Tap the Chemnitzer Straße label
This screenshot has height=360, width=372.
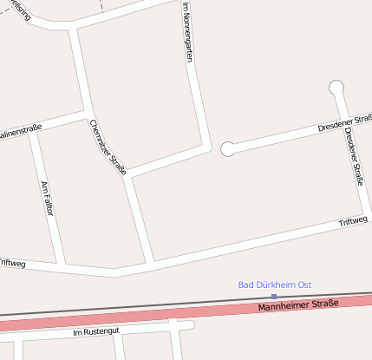pyautogui.click(x=108, y=147)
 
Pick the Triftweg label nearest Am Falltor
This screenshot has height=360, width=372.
pyautogui.click(x=11, y=262)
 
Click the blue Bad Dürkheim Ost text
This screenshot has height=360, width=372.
pyautogui.click(x=274, y=285)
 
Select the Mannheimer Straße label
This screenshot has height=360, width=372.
pyautogui.click(x=297, y=305)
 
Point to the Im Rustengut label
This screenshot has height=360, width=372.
pyautogui.click(x=96, y=331)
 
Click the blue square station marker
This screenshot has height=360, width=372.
pyautogui.click(x=274, y=296)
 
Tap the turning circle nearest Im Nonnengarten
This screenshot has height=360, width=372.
pyautogui.click(x=228, y=149)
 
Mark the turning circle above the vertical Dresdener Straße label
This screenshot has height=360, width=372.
pyautogui.click(x=336, y=87)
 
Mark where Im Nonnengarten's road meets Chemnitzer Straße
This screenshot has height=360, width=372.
pyautogui.click(x=127, y=177)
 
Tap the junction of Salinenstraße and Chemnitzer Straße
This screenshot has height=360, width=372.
pyautogui.click(x=87, y=113)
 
